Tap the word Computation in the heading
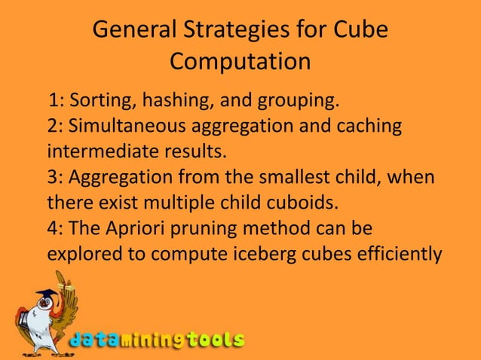pyautogui.click(x=240, y=61)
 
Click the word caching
pyautogui.click(x=368, y=125)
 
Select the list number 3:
pyautogui.click(x=56, y=176)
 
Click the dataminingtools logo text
pyautogui.click(x=158, y=340)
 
